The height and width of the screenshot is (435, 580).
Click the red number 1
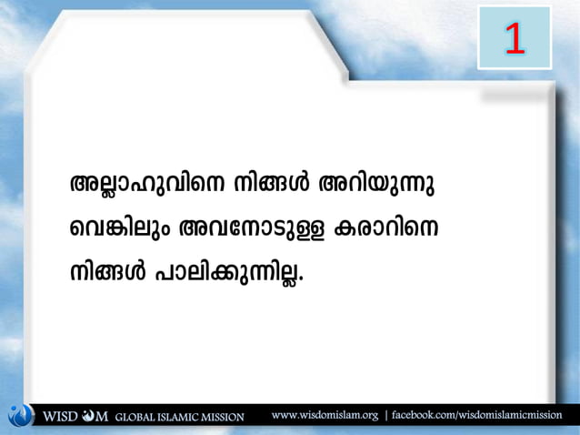[515, 37]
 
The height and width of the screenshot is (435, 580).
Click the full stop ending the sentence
[301, 278]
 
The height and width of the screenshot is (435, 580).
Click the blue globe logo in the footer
[19, 415]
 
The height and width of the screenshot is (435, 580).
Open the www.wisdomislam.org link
[325, 415]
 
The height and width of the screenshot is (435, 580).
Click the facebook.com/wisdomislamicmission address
[477, 415]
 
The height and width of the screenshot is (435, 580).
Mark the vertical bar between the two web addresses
[385, 415]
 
